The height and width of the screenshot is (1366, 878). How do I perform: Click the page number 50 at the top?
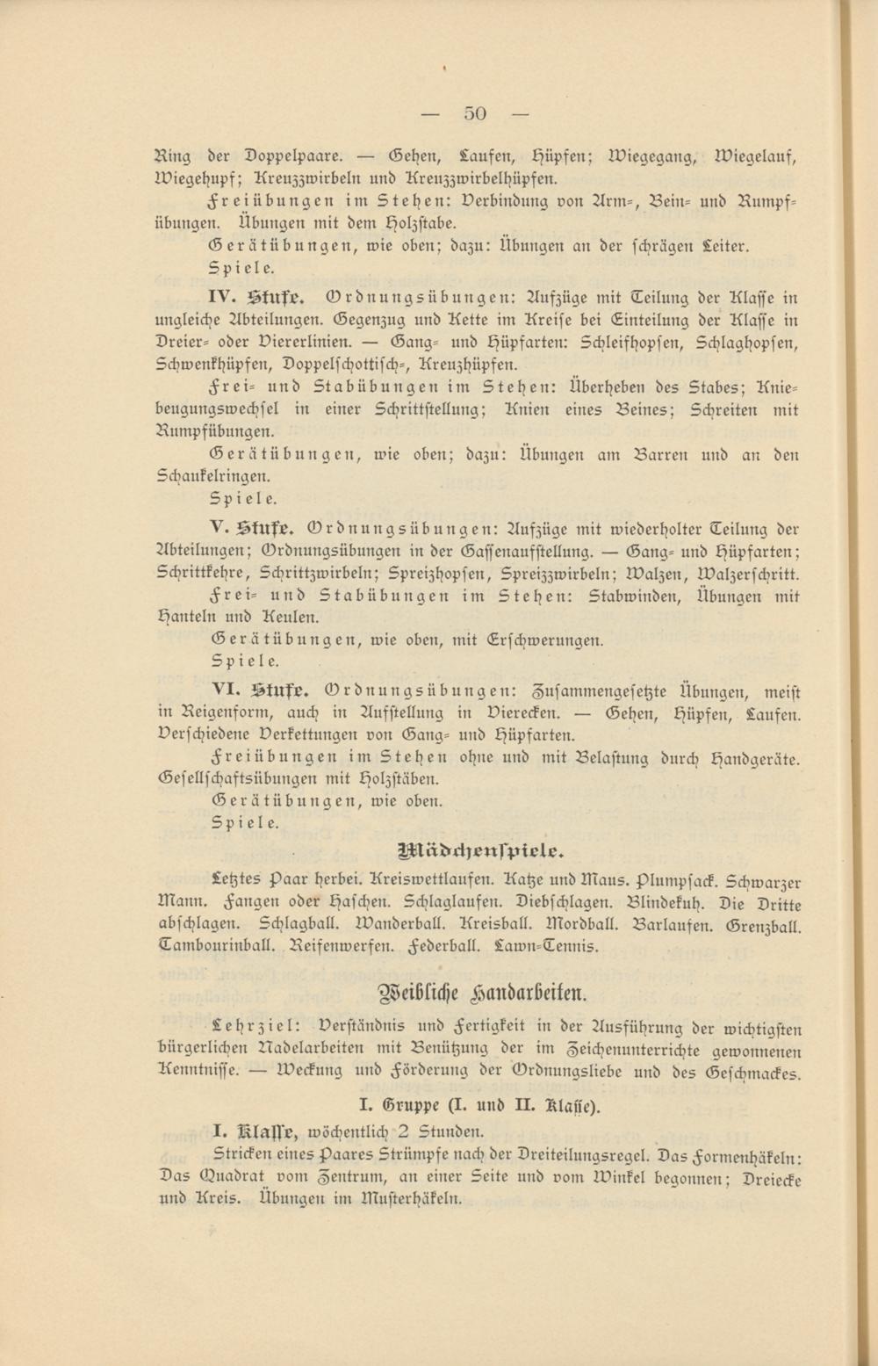475,112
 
